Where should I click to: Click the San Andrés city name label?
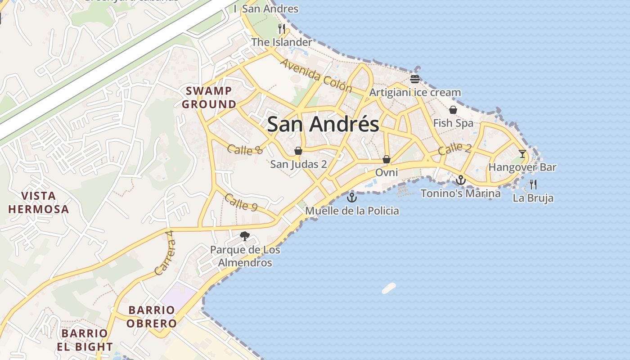[x=323, y=124]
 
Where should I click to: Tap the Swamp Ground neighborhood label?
[x=209, y=98]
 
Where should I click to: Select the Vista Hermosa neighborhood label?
[x=39, y=202]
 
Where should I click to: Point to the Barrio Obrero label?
[x=151, y=317]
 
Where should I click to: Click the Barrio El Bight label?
[x=85, y=340]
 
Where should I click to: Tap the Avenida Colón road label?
[x=315, y=75]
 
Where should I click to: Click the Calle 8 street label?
[x=245, y=150]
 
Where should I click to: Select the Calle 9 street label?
[x=241, y=202]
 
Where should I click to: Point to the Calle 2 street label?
[x=455, y=148]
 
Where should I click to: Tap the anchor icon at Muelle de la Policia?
[x=351, y=197]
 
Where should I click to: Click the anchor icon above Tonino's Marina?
[x=460, y=180]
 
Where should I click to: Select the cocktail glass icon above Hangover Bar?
[x=522, y=154]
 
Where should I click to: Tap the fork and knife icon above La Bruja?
[x=533, y=184]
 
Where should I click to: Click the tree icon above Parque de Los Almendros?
[x=245, y=236]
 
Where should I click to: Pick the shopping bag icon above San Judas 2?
[x=298, y=150]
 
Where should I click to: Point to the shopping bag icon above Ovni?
[x=386, y=159]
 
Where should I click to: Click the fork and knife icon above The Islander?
[x=282, y=29]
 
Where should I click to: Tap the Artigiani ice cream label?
[x=415, y=93]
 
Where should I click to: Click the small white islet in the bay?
[x=389, y=288]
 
